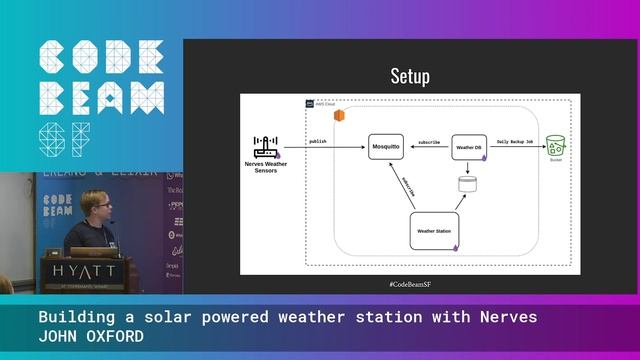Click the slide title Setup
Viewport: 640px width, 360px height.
(410, 77)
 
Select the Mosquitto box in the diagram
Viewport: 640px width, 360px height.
(386, 147)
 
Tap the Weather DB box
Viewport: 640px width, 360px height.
(468, 147)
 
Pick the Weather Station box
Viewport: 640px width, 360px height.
(435, 231)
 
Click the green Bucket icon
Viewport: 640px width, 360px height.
(555, 146)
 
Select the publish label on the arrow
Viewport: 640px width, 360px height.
(318, 141)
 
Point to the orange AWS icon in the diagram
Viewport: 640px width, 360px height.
(339, 116)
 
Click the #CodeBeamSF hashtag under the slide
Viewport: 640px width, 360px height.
(410, 285)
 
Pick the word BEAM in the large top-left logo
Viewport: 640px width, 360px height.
(100, 98)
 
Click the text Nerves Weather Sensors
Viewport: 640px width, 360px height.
(265, 167)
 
